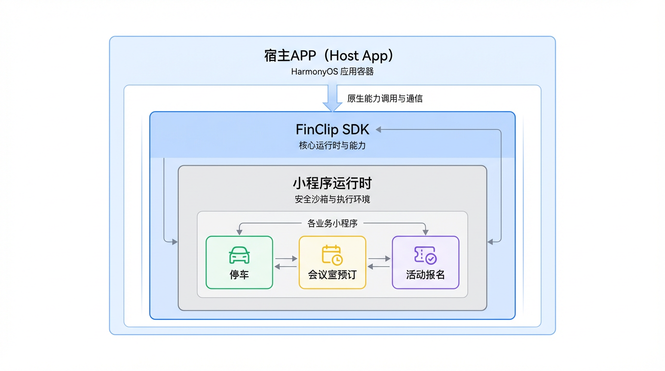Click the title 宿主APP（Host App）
click(x=332, y=56)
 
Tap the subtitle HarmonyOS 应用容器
click(x=332, y=72)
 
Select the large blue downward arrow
click(x=332, y=98)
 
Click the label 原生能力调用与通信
click(x=385, y=99)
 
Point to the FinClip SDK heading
click(x=332, y=129)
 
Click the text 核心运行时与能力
click(x=332, y=145)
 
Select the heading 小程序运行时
click(x=332, y=184)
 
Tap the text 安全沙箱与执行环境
click(x=332, y=199)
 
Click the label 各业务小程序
click(x=332, y=223)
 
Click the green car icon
click(x=239, y=255)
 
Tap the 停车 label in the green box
click(x=239, y=275)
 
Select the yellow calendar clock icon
click(x=332, y=255)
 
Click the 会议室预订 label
click(x=332, y=275)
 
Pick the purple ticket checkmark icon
click(x=425, y=255)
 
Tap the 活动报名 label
click(x=425, y=275)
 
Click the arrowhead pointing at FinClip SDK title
click(x=379, y=129)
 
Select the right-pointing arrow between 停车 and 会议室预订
click(x=286, y=259)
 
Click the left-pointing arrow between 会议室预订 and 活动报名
click(x=379, y=267)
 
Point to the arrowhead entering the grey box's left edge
click(x=174, y=242)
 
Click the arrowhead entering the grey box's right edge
click(x=490, y=242)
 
